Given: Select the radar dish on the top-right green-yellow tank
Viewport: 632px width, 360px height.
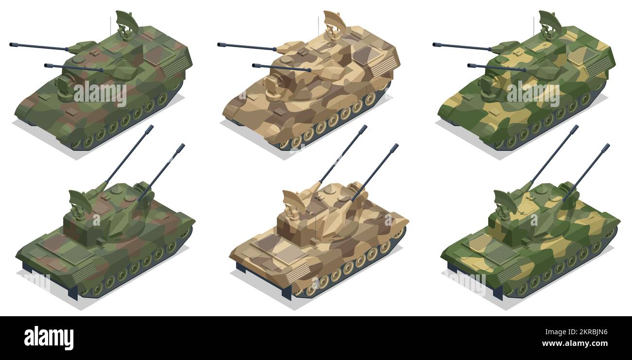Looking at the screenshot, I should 549,21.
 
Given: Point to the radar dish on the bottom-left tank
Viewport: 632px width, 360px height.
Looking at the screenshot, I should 79,199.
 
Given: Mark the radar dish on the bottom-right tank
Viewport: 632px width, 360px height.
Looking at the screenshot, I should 504,199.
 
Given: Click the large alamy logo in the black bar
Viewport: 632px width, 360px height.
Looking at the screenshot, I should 49,338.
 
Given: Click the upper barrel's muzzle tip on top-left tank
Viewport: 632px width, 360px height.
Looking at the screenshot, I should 12,45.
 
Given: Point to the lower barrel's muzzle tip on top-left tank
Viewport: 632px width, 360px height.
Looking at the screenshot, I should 47,65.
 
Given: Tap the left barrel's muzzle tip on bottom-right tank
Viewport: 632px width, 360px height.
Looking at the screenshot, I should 576,127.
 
